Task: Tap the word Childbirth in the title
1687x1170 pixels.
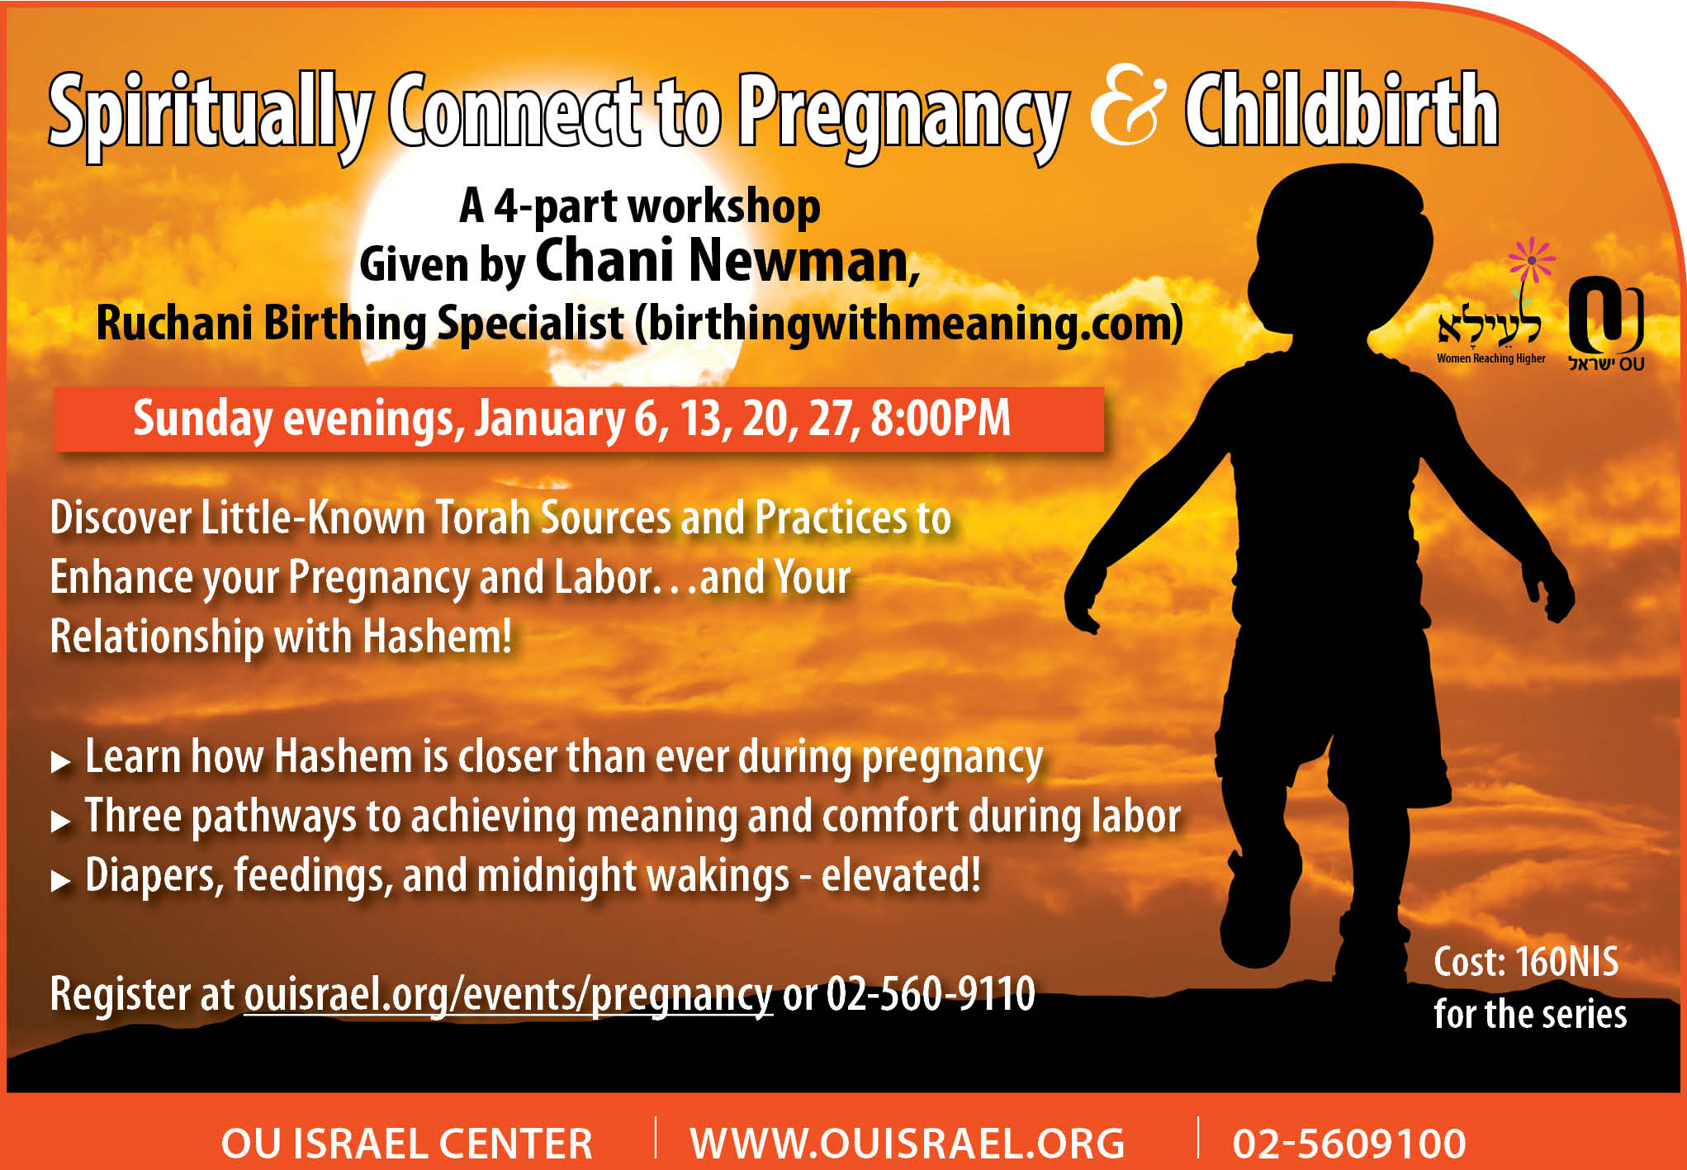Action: (1342, 111)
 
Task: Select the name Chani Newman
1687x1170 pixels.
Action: (727, 261)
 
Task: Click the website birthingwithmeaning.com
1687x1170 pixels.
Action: (908, 323)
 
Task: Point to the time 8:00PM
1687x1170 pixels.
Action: (941, 418)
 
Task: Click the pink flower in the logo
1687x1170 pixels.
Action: (1531, 260)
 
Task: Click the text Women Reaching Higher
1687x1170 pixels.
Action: (1490, 359)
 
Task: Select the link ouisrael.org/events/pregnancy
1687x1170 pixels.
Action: (508, 994)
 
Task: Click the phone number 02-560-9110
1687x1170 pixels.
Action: (931, 993)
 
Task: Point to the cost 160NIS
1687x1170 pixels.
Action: (1566, 963)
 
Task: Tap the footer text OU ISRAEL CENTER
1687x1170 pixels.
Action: (406, 1144)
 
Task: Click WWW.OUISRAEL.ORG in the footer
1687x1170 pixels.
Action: (907, 1144)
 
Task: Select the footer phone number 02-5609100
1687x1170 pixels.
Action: (1349, 1144)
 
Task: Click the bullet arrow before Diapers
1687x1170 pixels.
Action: (60, 881)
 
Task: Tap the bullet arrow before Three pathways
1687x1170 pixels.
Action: (60, 822)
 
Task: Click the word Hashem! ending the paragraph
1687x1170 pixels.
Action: (437, 637)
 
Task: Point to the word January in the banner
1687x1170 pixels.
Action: (550, 419)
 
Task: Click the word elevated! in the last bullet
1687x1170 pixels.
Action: (901, 875)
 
